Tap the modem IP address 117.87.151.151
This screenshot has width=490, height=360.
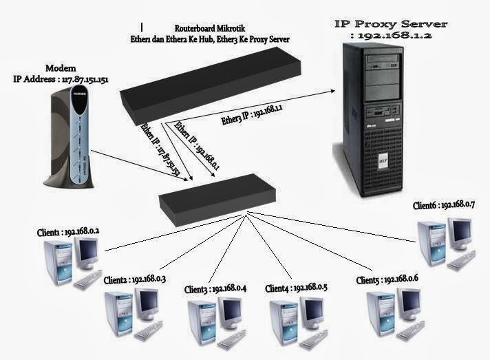[61, 79]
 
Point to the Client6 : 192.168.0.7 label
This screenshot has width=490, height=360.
[449, 204]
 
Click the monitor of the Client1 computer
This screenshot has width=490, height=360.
[87, 255]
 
